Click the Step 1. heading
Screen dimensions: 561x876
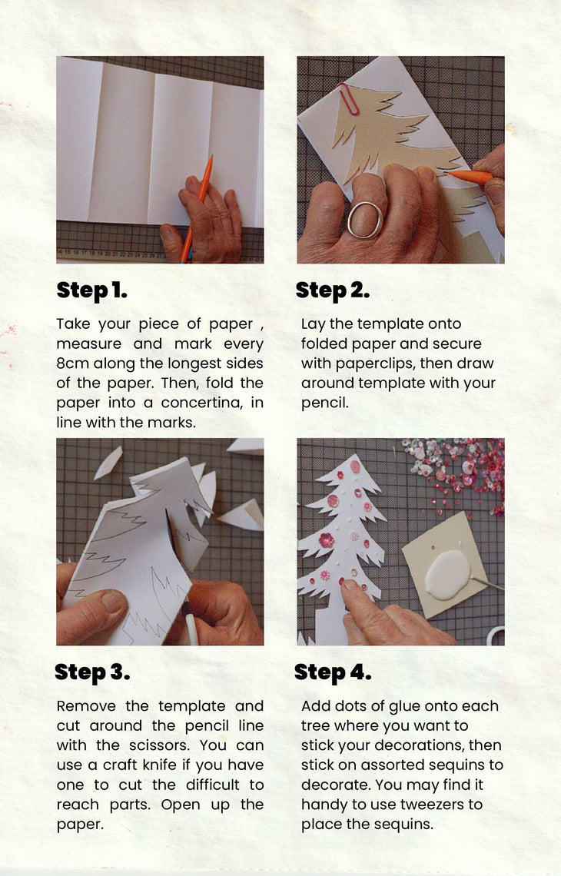tap(91, 290)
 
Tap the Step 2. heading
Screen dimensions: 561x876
tap(333, 290)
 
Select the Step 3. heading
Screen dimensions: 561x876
tap(92, 672)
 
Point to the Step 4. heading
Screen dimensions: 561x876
tap(333, 672)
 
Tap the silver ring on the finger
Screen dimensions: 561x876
tap(364, 220)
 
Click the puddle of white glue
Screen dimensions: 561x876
tap(447, 574)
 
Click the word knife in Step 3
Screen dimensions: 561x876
tap(159, 765)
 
